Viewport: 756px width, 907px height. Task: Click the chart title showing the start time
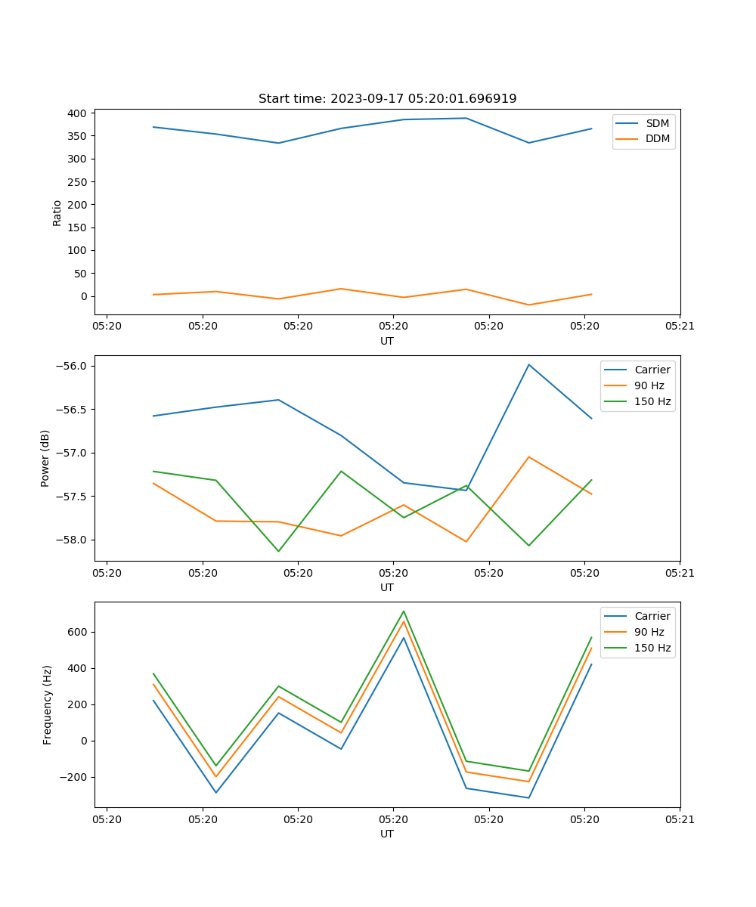pos(387,99)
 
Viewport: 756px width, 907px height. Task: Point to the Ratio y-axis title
pos(57,212)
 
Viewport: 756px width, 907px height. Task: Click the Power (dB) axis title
pos(45,458)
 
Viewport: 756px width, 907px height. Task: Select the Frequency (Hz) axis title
pos(48,704)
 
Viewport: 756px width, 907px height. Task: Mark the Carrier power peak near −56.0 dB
pos(528,364)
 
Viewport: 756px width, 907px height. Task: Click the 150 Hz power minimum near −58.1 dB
pos(278,551)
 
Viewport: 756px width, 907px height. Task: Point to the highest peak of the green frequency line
pos(404,611)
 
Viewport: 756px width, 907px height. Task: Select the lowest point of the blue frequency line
pos(528,797)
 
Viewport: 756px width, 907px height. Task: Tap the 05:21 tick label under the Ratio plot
pos(680,327)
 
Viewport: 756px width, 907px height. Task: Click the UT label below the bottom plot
pos(387,834)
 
